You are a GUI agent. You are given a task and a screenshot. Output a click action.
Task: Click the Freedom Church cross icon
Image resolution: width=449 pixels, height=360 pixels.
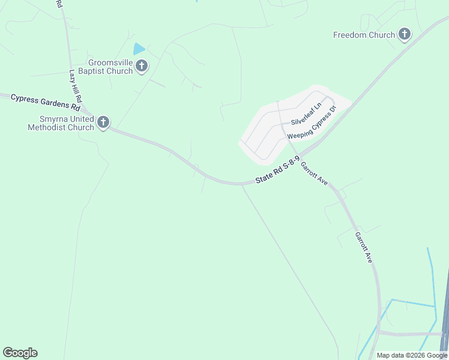(405, 35)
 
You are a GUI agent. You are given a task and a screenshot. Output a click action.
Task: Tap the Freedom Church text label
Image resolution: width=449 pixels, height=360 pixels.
(364, 35)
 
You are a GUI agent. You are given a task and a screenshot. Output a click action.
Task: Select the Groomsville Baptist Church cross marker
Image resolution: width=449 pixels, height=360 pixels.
(142, 66)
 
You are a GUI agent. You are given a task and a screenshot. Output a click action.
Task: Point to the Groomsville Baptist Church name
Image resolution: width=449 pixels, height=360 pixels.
(110, 67)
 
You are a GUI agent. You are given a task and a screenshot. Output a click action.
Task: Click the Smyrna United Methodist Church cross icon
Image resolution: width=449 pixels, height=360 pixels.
(103, 123)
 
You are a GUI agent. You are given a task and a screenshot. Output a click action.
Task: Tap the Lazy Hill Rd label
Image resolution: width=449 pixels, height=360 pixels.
(76, 86)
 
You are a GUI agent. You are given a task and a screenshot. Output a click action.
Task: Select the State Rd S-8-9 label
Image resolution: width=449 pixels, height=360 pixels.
(277, 173)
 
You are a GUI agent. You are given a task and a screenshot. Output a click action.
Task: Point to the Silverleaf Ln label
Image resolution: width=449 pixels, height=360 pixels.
(306, 114)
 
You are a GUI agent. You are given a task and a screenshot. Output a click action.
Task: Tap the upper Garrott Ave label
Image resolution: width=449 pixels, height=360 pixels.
(314, 173)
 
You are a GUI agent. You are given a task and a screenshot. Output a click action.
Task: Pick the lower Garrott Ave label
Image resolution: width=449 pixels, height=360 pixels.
(364, 247)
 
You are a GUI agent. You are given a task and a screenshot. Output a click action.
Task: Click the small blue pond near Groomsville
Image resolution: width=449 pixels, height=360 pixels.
(139, 49)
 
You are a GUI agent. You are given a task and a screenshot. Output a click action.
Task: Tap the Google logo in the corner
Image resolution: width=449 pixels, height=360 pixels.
(20, 353)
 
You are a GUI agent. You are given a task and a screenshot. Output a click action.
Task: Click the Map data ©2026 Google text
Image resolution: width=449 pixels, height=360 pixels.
(412, 355)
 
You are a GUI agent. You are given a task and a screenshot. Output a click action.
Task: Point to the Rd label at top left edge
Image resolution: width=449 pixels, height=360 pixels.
(59, 4)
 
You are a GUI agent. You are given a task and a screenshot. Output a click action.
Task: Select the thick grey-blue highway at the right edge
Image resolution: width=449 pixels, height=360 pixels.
(445, 312)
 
